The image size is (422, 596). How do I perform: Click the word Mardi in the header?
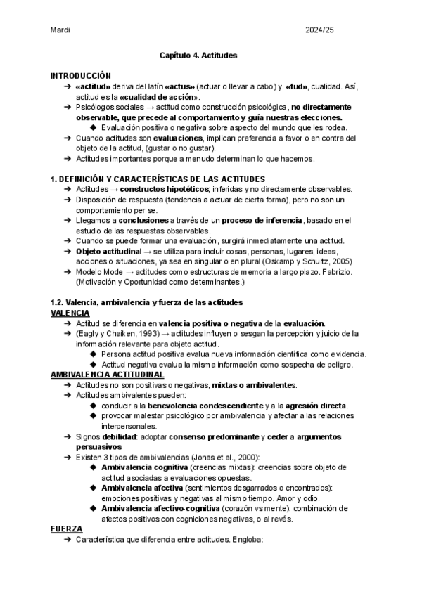pyautogui.click(x=60, y=30)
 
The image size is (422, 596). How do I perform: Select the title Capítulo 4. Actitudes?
pyautogui.click(x=198, y=54)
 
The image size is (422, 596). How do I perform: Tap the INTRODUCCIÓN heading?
pyautogui.click(x=82, y=74)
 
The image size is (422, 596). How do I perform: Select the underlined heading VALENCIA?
pyautogui.click(x=70, y=312)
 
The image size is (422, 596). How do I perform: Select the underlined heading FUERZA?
pyautogui.click(x=67, y=529)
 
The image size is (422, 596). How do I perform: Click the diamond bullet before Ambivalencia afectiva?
pyautogui.click(x=94, y=488)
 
